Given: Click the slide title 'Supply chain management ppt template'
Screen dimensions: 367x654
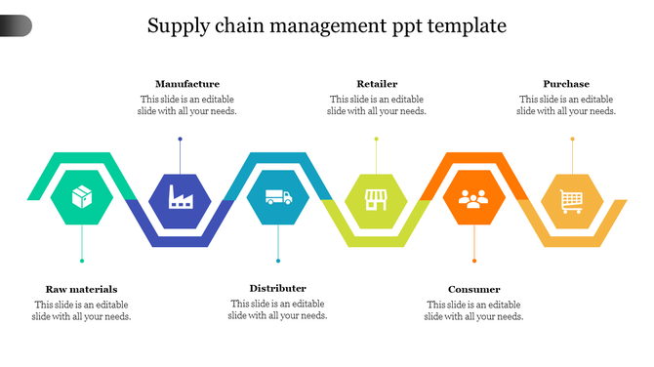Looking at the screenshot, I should point(327,25).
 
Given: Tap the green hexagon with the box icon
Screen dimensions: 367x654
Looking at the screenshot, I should point(82,199).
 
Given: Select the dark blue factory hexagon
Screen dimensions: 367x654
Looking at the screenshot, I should point(181,199).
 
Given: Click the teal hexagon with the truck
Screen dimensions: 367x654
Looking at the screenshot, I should point(278,199).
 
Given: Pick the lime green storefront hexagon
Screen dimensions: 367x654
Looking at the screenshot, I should point(376,200).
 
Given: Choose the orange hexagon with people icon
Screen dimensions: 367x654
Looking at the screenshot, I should point(474,200).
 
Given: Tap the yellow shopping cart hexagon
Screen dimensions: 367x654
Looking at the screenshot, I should point(572,200).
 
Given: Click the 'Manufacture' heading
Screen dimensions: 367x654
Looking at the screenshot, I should point(187,84).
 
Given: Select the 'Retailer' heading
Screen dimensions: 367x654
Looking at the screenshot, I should point(377,84).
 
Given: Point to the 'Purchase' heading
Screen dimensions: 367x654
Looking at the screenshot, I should point(566,84).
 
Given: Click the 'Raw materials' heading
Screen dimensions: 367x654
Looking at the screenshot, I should point(81,289).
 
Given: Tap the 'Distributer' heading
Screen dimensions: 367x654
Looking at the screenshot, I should point(278,288).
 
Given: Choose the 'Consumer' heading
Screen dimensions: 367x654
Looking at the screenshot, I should point(474,289).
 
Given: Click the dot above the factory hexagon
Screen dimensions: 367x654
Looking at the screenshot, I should point(181,139).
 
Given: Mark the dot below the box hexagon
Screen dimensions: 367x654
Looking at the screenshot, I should point(82,261).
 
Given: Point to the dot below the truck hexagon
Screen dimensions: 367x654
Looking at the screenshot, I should point(278,261).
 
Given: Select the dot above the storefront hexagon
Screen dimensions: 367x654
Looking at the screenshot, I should point(376,139).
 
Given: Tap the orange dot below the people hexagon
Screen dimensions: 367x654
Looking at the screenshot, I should point(474,261).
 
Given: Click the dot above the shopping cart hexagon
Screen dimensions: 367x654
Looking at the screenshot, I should point(572,139).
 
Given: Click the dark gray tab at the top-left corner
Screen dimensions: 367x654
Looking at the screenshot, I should point(15,26).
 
